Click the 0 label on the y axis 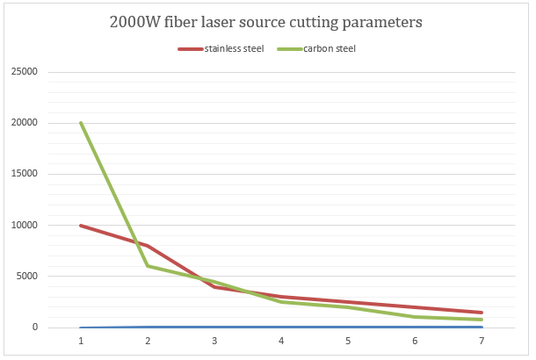pos(35,328)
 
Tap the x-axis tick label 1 pos(81,340)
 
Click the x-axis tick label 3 pos(214,340)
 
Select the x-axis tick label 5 pos(348,340)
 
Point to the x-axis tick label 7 pos(482,340)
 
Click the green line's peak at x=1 pos(81,123)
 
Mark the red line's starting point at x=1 pos(81,226)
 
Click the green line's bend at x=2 pos(148,266)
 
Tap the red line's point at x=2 pos(148,246)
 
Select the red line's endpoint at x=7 pos(482,313)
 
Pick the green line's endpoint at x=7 pos(482,320)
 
